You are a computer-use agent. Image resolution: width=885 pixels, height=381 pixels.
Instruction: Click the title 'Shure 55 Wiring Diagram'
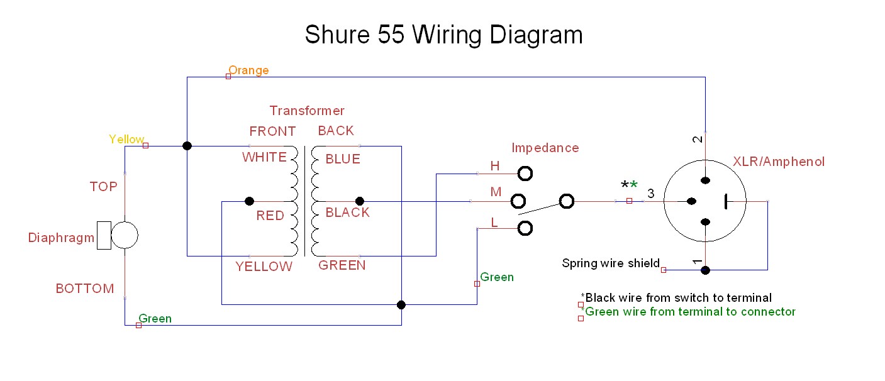click(443, 35)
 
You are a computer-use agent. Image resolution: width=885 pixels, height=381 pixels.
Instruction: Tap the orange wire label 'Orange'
click(248, 70)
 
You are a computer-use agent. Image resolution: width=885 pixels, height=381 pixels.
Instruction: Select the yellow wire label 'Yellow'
click(126, 140)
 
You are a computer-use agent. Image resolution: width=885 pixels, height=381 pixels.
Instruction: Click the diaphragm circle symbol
click(125, 235)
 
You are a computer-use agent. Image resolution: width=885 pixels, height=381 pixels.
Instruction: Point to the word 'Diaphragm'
click(61, 238)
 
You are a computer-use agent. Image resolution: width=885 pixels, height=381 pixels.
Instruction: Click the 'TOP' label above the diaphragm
click(103, 187)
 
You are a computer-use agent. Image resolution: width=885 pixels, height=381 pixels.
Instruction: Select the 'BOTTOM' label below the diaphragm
click(85, 289)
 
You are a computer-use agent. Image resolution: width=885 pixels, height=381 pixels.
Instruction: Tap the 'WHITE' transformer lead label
click(264, 158)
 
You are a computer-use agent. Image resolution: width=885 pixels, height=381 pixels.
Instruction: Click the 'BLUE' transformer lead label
click(343, 159)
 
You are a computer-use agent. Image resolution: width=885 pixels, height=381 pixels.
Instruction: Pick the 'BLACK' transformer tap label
click(347, 213)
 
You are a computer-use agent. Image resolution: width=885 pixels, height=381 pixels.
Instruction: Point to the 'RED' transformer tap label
click(270, 216)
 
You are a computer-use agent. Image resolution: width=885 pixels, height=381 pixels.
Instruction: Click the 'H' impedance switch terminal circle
click(525, 173)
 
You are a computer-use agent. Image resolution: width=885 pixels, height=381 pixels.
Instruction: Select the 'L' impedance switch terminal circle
click(525, 228)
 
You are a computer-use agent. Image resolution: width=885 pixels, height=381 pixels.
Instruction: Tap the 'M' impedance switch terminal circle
click(518, 201)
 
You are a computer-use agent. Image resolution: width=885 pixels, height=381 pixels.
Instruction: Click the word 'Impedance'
click(545, 148)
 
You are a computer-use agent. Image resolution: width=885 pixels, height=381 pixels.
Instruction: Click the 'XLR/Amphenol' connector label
click(779, 162)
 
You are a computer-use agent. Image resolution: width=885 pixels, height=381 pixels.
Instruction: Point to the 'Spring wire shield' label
click(610, 263)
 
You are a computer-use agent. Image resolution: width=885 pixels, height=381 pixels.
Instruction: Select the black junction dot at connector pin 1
click(706, 270)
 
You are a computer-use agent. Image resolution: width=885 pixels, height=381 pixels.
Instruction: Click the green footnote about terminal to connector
click(690, 312)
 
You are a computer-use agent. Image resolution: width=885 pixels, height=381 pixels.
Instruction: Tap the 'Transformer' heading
click(307, 111)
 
